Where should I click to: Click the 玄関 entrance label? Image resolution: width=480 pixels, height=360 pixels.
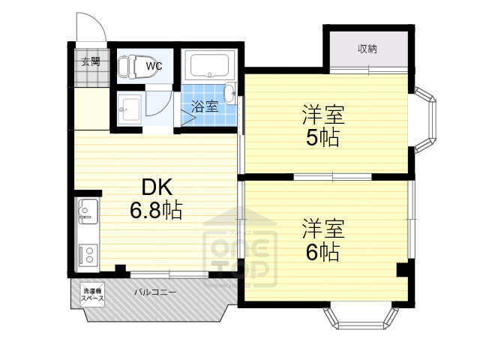[91, 62]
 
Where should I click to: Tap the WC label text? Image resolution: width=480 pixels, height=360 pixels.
[153, 66]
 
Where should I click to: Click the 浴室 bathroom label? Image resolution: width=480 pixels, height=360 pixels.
[205, 106]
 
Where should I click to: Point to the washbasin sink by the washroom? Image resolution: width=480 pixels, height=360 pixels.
[130, 109]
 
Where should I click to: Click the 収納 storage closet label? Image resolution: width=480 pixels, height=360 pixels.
[367, 49]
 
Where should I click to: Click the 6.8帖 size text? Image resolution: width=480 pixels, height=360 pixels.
[155, 211]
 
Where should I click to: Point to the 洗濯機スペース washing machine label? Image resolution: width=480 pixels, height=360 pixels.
[92, 295]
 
